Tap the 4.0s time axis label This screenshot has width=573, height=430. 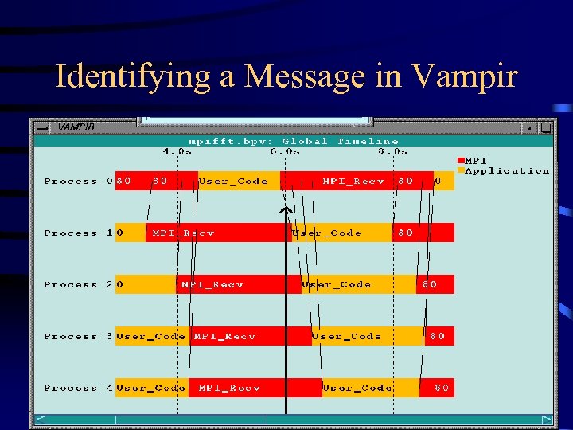[177, 150]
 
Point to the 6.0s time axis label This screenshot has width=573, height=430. [285, 150]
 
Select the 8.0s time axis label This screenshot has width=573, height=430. [392, 150]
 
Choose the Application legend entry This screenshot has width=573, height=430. [506, 170]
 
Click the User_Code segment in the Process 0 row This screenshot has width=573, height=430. [233, 182]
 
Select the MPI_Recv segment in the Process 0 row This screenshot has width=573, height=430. [353, 182]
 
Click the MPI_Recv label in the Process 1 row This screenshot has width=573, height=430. [183, 233]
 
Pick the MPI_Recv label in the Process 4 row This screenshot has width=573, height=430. [229, 389]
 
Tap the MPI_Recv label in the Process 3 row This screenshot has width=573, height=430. [224, 337]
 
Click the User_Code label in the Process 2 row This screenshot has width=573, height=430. [337, 285]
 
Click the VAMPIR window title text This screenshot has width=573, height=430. [77, 126]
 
